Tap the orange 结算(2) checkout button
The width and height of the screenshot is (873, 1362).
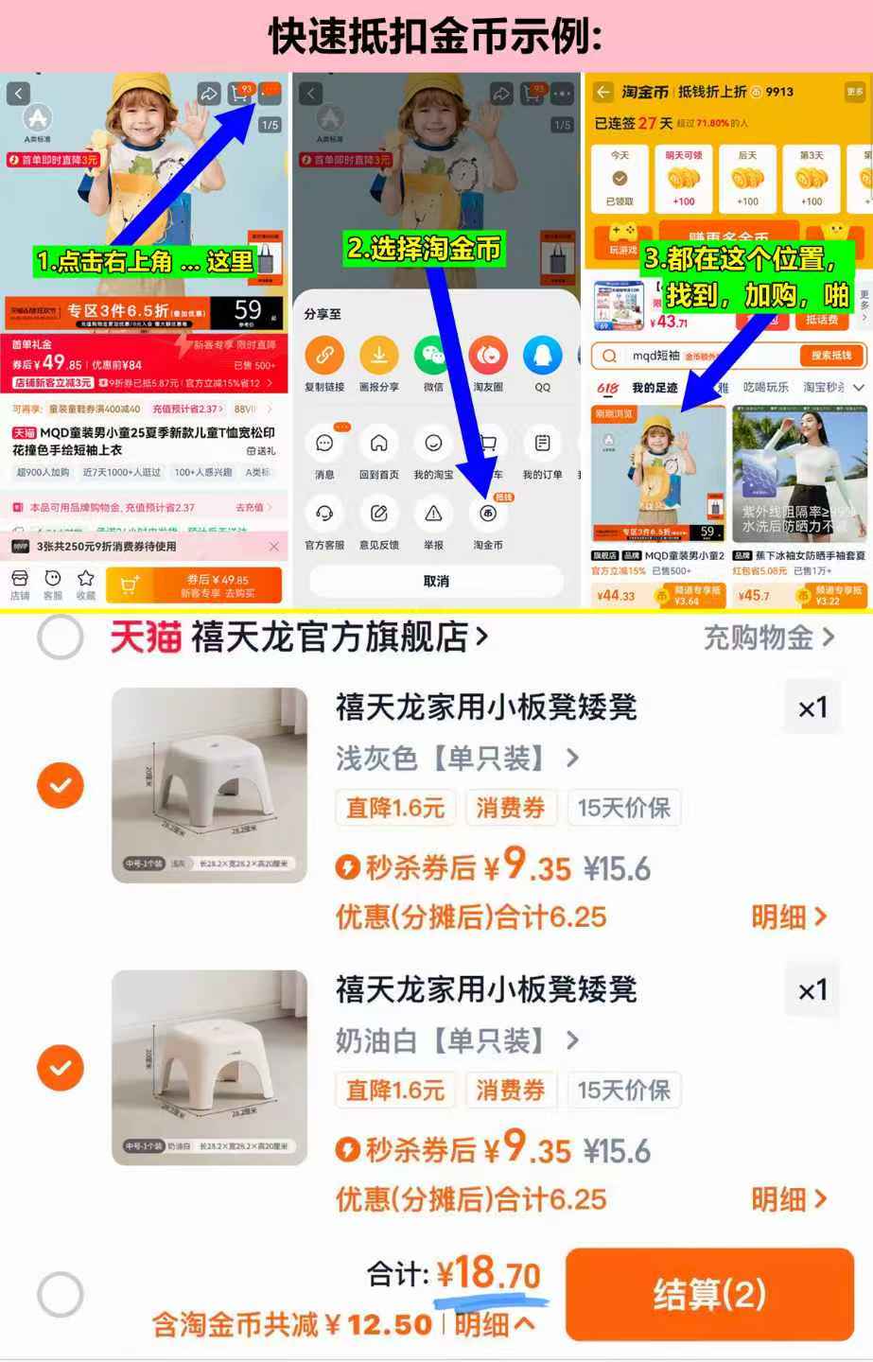pyautogui.click(x=709, y=1294)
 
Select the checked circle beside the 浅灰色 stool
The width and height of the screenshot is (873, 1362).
pyautogui.click(x=61, y=785)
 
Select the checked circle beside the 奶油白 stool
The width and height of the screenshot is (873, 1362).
pyautogui.click(x=61, y=1068)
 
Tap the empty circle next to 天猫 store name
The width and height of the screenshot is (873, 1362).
pyautogui.click(x=61, y=637)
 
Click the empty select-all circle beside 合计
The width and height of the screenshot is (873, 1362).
pyautogui.click(x=61, y=1294)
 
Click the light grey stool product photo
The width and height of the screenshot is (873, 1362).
pyautogui.click(x=209, y=785)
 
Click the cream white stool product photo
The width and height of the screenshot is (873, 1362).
pyautogui.click(x=209, y=1067)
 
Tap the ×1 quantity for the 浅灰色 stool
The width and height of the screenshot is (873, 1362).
pyautogui.click(x=812, y=707)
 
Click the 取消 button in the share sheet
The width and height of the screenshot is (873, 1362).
pyautogui.click(x=436, y=581)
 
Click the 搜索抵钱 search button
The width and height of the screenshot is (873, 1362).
pyautogui.click(x=831, y=356)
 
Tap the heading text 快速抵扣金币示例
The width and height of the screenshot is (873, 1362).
pyautogui.click(x=436, y=36)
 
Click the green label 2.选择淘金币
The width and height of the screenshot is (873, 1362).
pyautogui.click(x=424, y=249)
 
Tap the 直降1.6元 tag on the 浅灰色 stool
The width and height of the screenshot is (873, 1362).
pyautogui.click(x=395, y=808)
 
